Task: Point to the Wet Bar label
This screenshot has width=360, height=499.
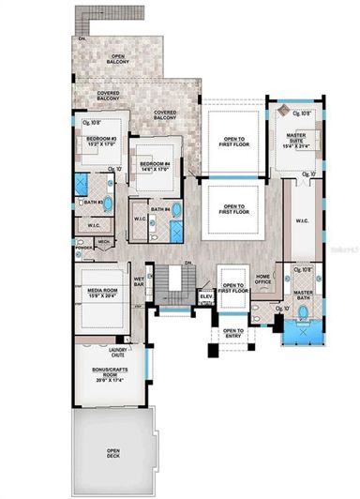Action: coord(139,280)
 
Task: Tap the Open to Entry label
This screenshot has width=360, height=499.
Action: coord(232,333)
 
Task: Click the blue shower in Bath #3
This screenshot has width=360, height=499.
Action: coord(82,184)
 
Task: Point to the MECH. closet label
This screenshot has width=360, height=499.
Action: coord(104,241)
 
